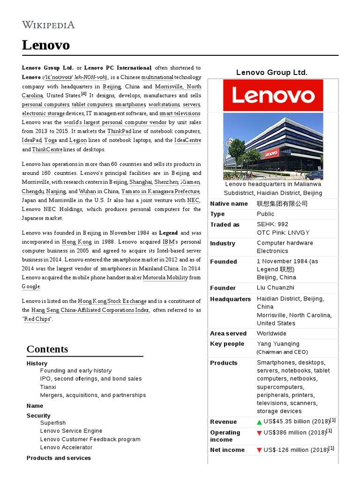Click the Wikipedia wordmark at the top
tap(48, 25)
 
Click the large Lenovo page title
tap(46, 45)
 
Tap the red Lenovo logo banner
tap(273, 95)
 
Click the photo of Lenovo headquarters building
tap(273, 146)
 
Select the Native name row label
tap(229, 203)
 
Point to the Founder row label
tap(223, 288)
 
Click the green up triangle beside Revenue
tap(259, 422)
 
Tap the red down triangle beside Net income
tap(259, 450)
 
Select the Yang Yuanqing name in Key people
tap(278, 344)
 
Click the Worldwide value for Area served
tap(271, 333)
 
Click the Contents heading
tap(47, 349)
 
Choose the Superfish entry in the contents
tap(53, 423)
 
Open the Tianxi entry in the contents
tap(48, 387)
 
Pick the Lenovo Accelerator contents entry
tap(66, 447)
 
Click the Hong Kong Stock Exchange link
tap(112, 301)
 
